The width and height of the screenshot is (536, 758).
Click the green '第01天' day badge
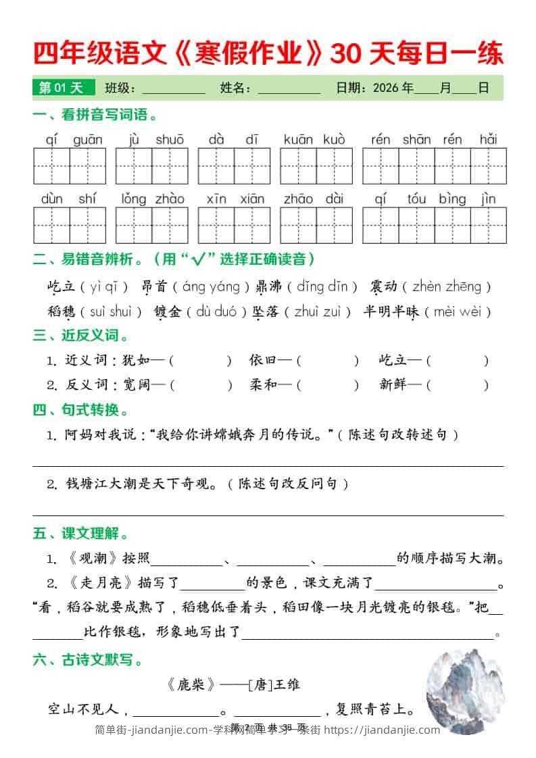click(60, 88)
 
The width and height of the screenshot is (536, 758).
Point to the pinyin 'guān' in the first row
click(88, 140)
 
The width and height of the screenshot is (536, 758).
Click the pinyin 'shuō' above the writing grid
click(170, 140)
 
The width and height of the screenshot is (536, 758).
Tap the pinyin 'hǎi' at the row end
click(488, 140)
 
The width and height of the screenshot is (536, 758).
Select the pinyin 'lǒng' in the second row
click(134, 199)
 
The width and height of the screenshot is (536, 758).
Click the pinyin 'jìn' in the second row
click(488, 199)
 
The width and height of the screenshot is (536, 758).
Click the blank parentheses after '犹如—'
click(201, 361)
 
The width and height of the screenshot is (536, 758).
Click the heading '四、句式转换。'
click(80, 410)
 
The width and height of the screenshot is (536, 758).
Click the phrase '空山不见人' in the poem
click(84, 709)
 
